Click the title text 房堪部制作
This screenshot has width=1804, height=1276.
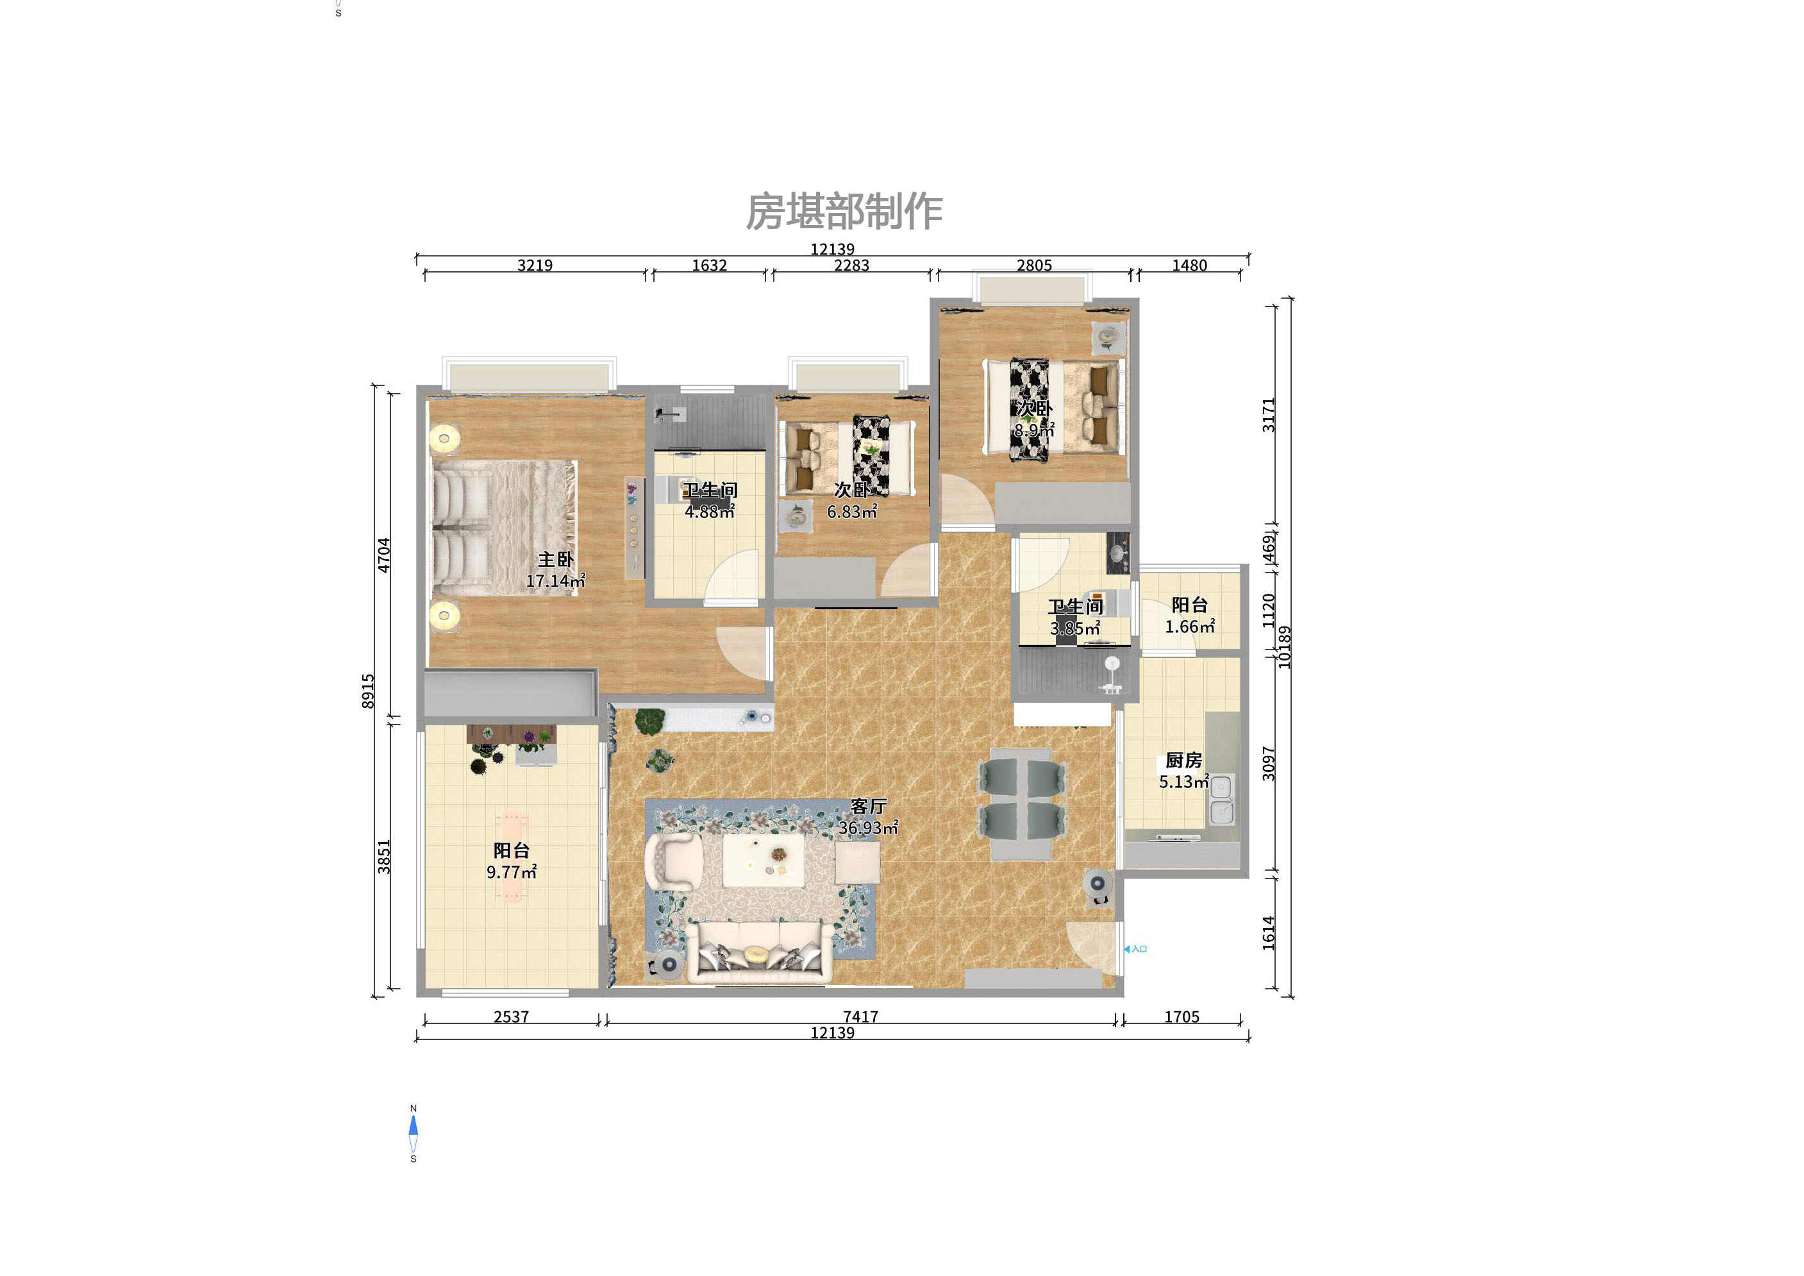pos(843,212)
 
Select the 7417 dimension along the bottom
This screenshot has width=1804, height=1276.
pos(860,1017)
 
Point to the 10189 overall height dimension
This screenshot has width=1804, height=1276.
pos(1284,646)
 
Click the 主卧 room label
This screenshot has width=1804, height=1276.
pos(556,559)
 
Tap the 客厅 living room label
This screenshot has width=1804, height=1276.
pos(868,806)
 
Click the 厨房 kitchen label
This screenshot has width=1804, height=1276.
pos(1183,760)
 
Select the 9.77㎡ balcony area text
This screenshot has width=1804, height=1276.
pos(511,872)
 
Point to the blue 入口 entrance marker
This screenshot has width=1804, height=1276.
pos(1136,949)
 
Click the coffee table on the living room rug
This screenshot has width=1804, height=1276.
pos(764,860)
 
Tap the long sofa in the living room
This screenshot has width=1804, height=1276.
pos(760,952)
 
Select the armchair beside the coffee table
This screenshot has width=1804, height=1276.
pos(673,862)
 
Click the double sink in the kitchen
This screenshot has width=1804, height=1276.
pos(1221,799)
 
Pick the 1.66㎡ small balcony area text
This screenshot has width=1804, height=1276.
pos(1190,627)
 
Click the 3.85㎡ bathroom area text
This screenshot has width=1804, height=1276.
pos(1075,628)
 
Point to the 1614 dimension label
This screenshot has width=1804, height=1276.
pos(1268,933)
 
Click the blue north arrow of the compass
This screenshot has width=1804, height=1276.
pos(413,1125)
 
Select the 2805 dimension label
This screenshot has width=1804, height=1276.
pos(1034,265)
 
